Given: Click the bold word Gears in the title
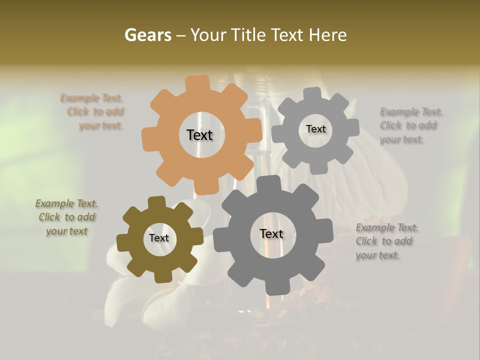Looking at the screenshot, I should [x=147, y=35].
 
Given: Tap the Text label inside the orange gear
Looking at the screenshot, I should [x=199, y=135].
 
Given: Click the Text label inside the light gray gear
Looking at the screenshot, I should [x=315, y=129].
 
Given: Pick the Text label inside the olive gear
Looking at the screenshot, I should [x=159, y=238].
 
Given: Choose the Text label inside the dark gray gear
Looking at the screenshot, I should [x=271, y=233].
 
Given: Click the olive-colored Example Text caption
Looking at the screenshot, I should [x=67, y=217].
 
